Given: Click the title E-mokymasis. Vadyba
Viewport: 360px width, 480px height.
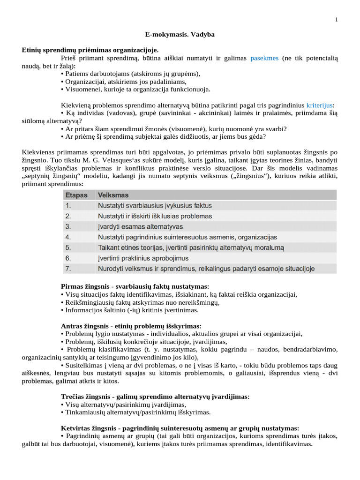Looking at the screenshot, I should pos(180,35).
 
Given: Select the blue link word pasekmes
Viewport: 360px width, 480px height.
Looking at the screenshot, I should pos(264,58).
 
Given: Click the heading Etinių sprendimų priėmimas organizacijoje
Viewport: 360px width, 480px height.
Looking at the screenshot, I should pos(90,50).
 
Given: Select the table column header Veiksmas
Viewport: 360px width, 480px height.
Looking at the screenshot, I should pos(113,195).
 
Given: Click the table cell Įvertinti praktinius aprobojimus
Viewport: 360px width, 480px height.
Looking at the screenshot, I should pos(143,258).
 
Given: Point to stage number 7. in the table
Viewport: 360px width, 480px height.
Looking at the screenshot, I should pos(68,269).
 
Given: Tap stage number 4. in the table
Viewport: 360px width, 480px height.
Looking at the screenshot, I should pos(68,237).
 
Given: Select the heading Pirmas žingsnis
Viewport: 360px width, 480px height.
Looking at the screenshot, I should pos(135,286).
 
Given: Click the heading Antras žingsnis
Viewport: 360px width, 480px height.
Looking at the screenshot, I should pos(131,326).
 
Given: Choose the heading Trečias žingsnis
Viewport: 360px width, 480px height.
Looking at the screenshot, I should pos(155,397).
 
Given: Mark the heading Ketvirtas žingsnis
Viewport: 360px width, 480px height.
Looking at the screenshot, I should pos(180,428).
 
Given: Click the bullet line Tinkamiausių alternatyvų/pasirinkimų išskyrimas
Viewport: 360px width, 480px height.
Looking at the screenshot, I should pos(136,412).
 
